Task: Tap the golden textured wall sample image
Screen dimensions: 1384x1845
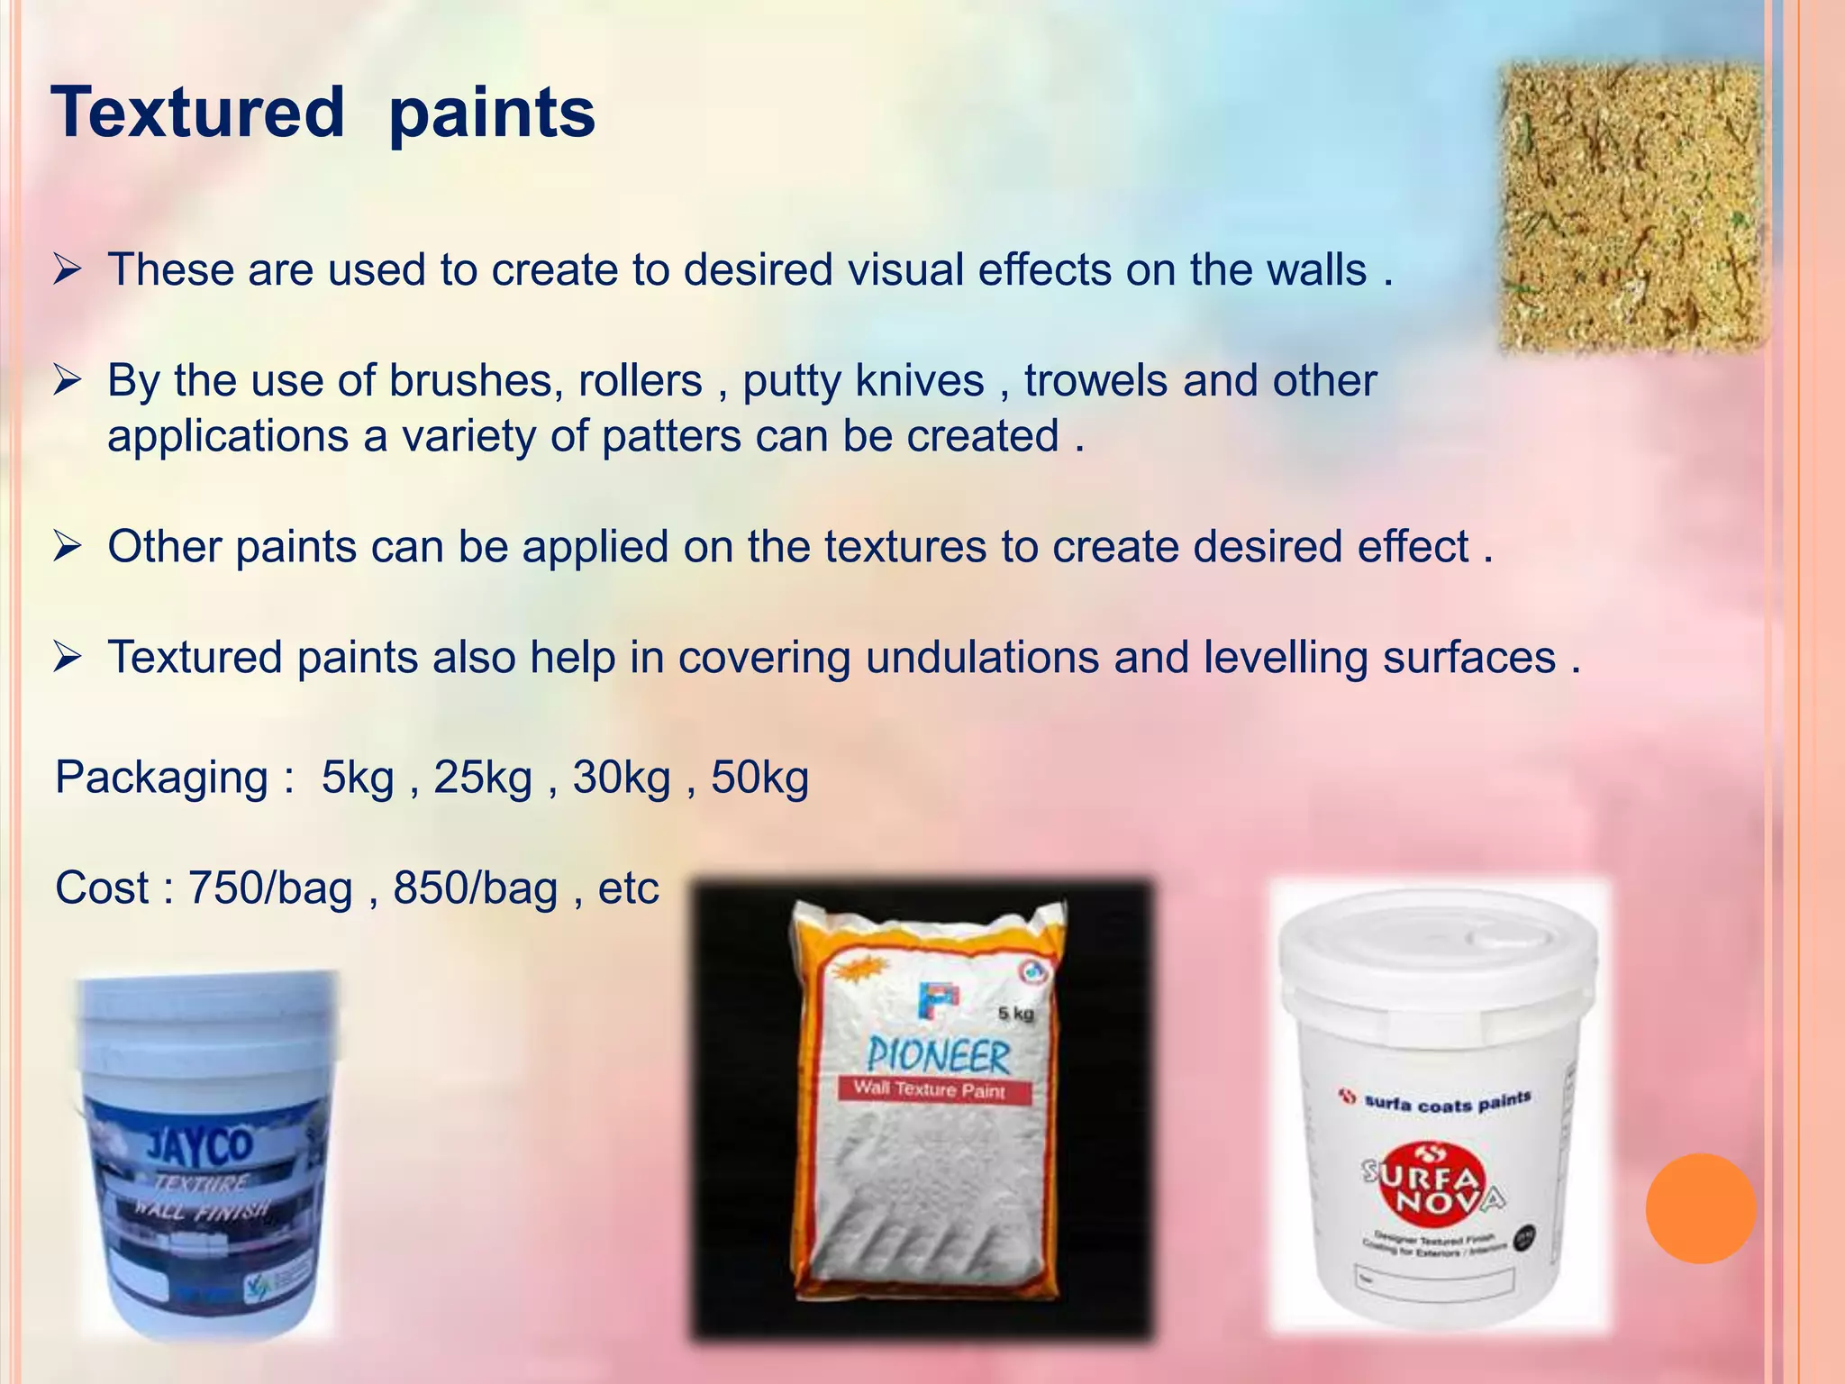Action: tap(1630, 207)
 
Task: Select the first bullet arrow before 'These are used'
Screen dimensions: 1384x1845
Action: tap(68, 269)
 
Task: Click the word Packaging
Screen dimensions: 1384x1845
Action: tap(162, 778)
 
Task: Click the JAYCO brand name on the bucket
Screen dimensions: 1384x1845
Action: tap(200, 1146)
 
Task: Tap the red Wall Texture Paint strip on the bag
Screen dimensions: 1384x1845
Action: tap(930, 1089)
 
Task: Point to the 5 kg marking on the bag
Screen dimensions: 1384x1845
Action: tap(1015, 1014)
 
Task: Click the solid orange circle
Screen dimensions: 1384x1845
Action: tap(1700, 1208)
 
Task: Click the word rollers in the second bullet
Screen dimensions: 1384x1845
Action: tap(640, 381)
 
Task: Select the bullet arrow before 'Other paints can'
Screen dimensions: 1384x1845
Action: tap(68, 547)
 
